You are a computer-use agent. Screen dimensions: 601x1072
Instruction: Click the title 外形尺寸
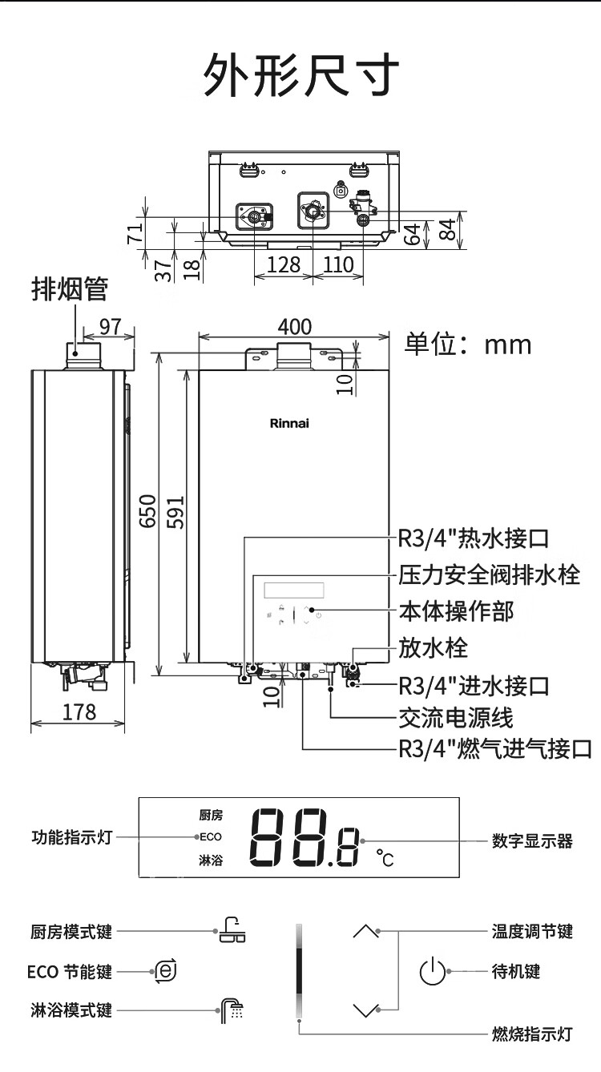tap(301, 75)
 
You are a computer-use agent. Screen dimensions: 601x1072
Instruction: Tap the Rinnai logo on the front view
tap(289, 423)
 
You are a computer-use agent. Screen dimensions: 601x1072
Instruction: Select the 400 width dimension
tap(295, 327)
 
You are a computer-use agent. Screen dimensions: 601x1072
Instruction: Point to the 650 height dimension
tap(148, 511)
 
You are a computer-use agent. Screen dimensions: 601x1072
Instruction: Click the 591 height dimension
tap(175, 512)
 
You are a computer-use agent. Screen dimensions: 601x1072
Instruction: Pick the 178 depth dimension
tap(79, 712)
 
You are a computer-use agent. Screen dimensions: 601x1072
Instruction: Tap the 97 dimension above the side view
tap(110, 327)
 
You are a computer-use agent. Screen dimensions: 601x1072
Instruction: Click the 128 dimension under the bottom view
tap(284, 264)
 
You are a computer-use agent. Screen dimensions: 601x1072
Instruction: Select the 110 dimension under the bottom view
tap(339, 264)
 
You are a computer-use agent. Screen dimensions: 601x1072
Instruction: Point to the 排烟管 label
tap(70, 289)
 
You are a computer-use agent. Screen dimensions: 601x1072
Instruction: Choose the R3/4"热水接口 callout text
tap(474, 538)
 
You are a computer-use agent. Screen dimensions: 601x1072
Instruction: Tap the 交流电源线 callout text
tap(456, 717)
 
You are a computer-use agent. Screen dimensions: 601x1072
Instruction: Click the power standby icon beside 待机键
tap(433, 971)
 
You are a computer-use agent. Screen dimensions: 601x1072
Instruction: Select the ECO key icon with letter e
tap(166, 972)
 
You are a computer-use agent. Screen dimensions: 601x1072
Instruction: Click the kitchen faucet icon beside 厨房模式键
tap(232, 930)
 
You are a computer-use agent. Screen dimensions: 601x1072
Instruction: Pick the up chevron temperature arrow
tap(365, 931)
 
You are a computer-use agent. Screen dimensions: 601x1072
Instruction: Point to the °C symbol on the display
tap(385, 858)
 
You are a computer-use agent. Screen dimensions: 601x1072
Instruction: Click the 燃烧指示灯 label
tap(532, 1034)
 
